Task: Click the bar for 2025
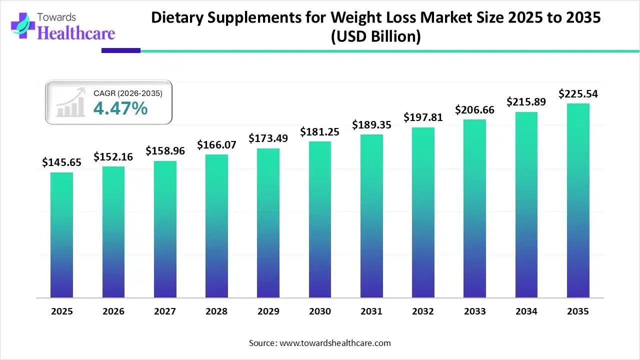pos(61,235)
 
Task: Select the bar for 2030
pos(320,219)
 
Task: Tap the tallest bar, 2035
pos(578,200)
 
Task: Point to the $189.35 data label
pos(371,124)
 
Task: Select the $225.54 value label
pos(578,93)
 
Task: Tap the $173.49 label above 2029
pos(268,138)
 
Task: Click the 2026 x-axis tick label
pos(113,311)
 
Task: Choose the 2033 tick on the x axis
pos(474,311)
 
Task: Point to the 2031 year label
pos(371,311)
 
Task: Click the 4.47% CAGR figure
pos(120,108)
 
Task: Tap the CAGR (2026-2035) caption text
pos(128,93)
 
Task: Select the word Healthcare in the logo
pos(76,33)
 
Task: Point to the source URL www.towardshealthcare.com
pos(335,343)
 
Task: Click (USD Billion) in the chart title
pos(376,37)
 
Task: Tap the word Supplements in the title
pos(259,18)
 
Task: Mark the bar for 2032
pos(423,212)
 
